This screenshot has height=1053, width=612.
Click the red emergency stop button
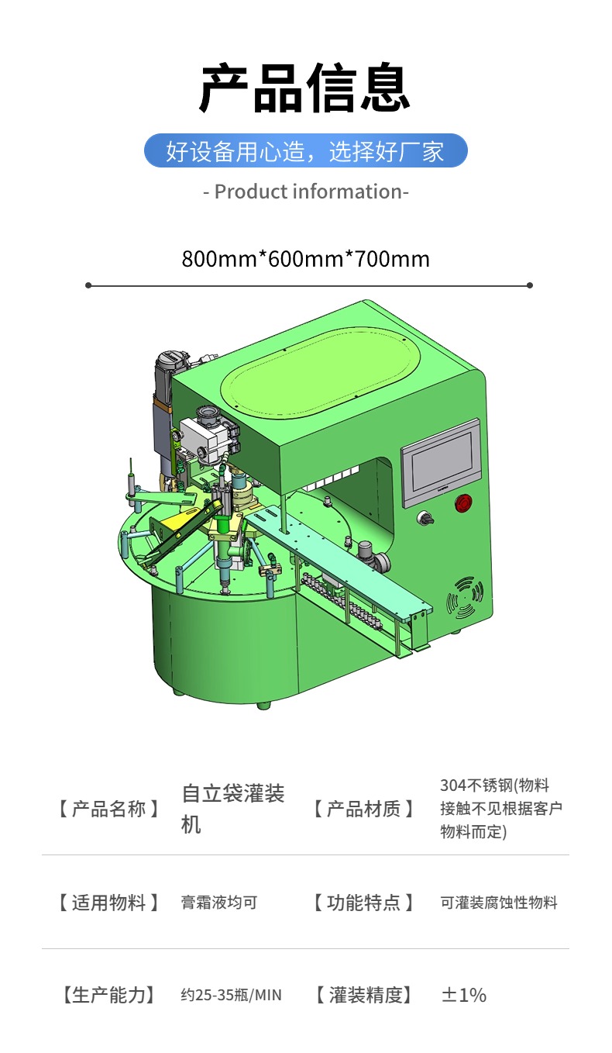click(463, 502)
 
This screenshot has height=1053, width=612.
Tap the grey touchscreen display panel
click(441, 462)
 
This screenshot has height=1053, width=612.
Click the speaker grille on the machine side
click(465, 597)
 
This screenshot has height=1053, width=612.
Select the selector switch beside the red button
click(425, 517)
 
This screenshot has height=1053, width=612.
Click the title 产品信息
click(305, 88)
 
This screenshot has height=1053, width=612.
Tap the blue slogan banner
click(306, 151)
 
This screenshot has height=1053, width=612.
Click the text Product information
click(306, 192)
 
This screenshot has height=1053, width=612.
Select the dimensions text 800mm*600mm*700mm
click(306, 259)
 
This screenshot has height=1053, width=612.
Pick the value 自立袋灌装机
click(233, 809)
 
